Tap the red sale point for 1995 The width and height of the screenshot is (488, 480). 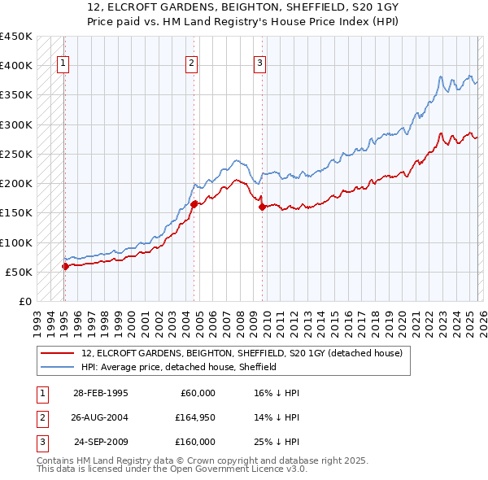tap(65, 265)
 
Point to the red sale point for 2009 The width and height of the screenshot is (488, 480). tap(262, 207)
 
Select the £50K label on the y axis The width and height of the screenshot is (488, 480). tap(20, 272)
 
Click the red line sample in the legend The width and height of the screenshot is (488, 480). tap(58, 354)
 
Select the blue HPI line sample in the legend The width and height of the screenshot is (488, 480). tap(58, 367)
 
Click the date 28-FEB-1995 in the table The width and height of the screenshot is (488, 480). tap(100, 393)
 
